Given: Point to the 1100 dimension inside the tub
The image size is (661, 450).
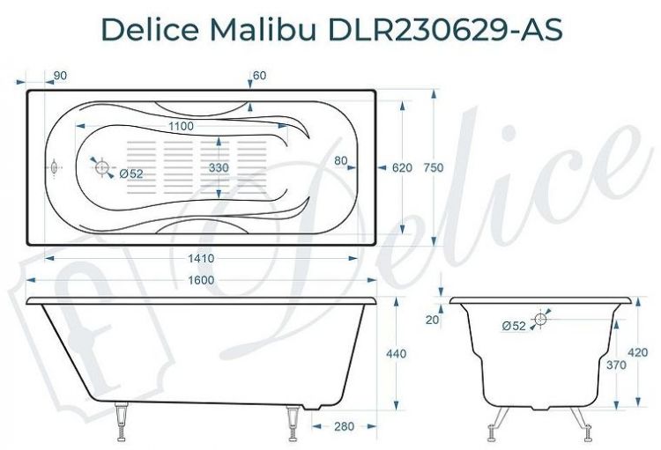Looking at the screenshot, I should click(x=181, y=127).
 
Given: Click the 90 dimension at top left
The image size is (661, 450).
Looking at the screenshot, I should click(x=60, y=77).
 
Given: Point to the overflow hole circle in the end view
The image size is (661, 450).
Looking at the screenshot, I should click(x=541, y=319).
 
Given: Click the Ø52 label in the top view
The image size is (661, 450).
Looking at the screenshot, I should click(x=130, y=173).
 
